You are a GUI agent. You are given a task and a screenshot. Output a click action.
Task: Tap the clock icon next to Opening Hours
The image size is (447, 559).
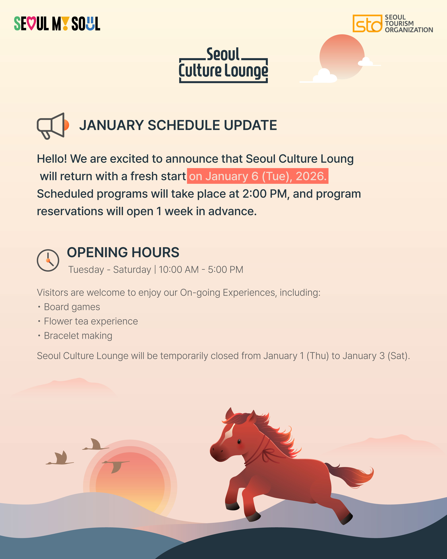[48, 260]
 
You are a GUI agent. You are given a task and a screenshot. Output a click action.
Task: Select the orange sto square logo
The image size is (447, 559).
[367, 23]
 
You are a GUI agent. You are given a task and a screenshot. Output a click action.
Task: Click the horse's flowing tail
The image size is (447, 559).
[350, 475]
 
